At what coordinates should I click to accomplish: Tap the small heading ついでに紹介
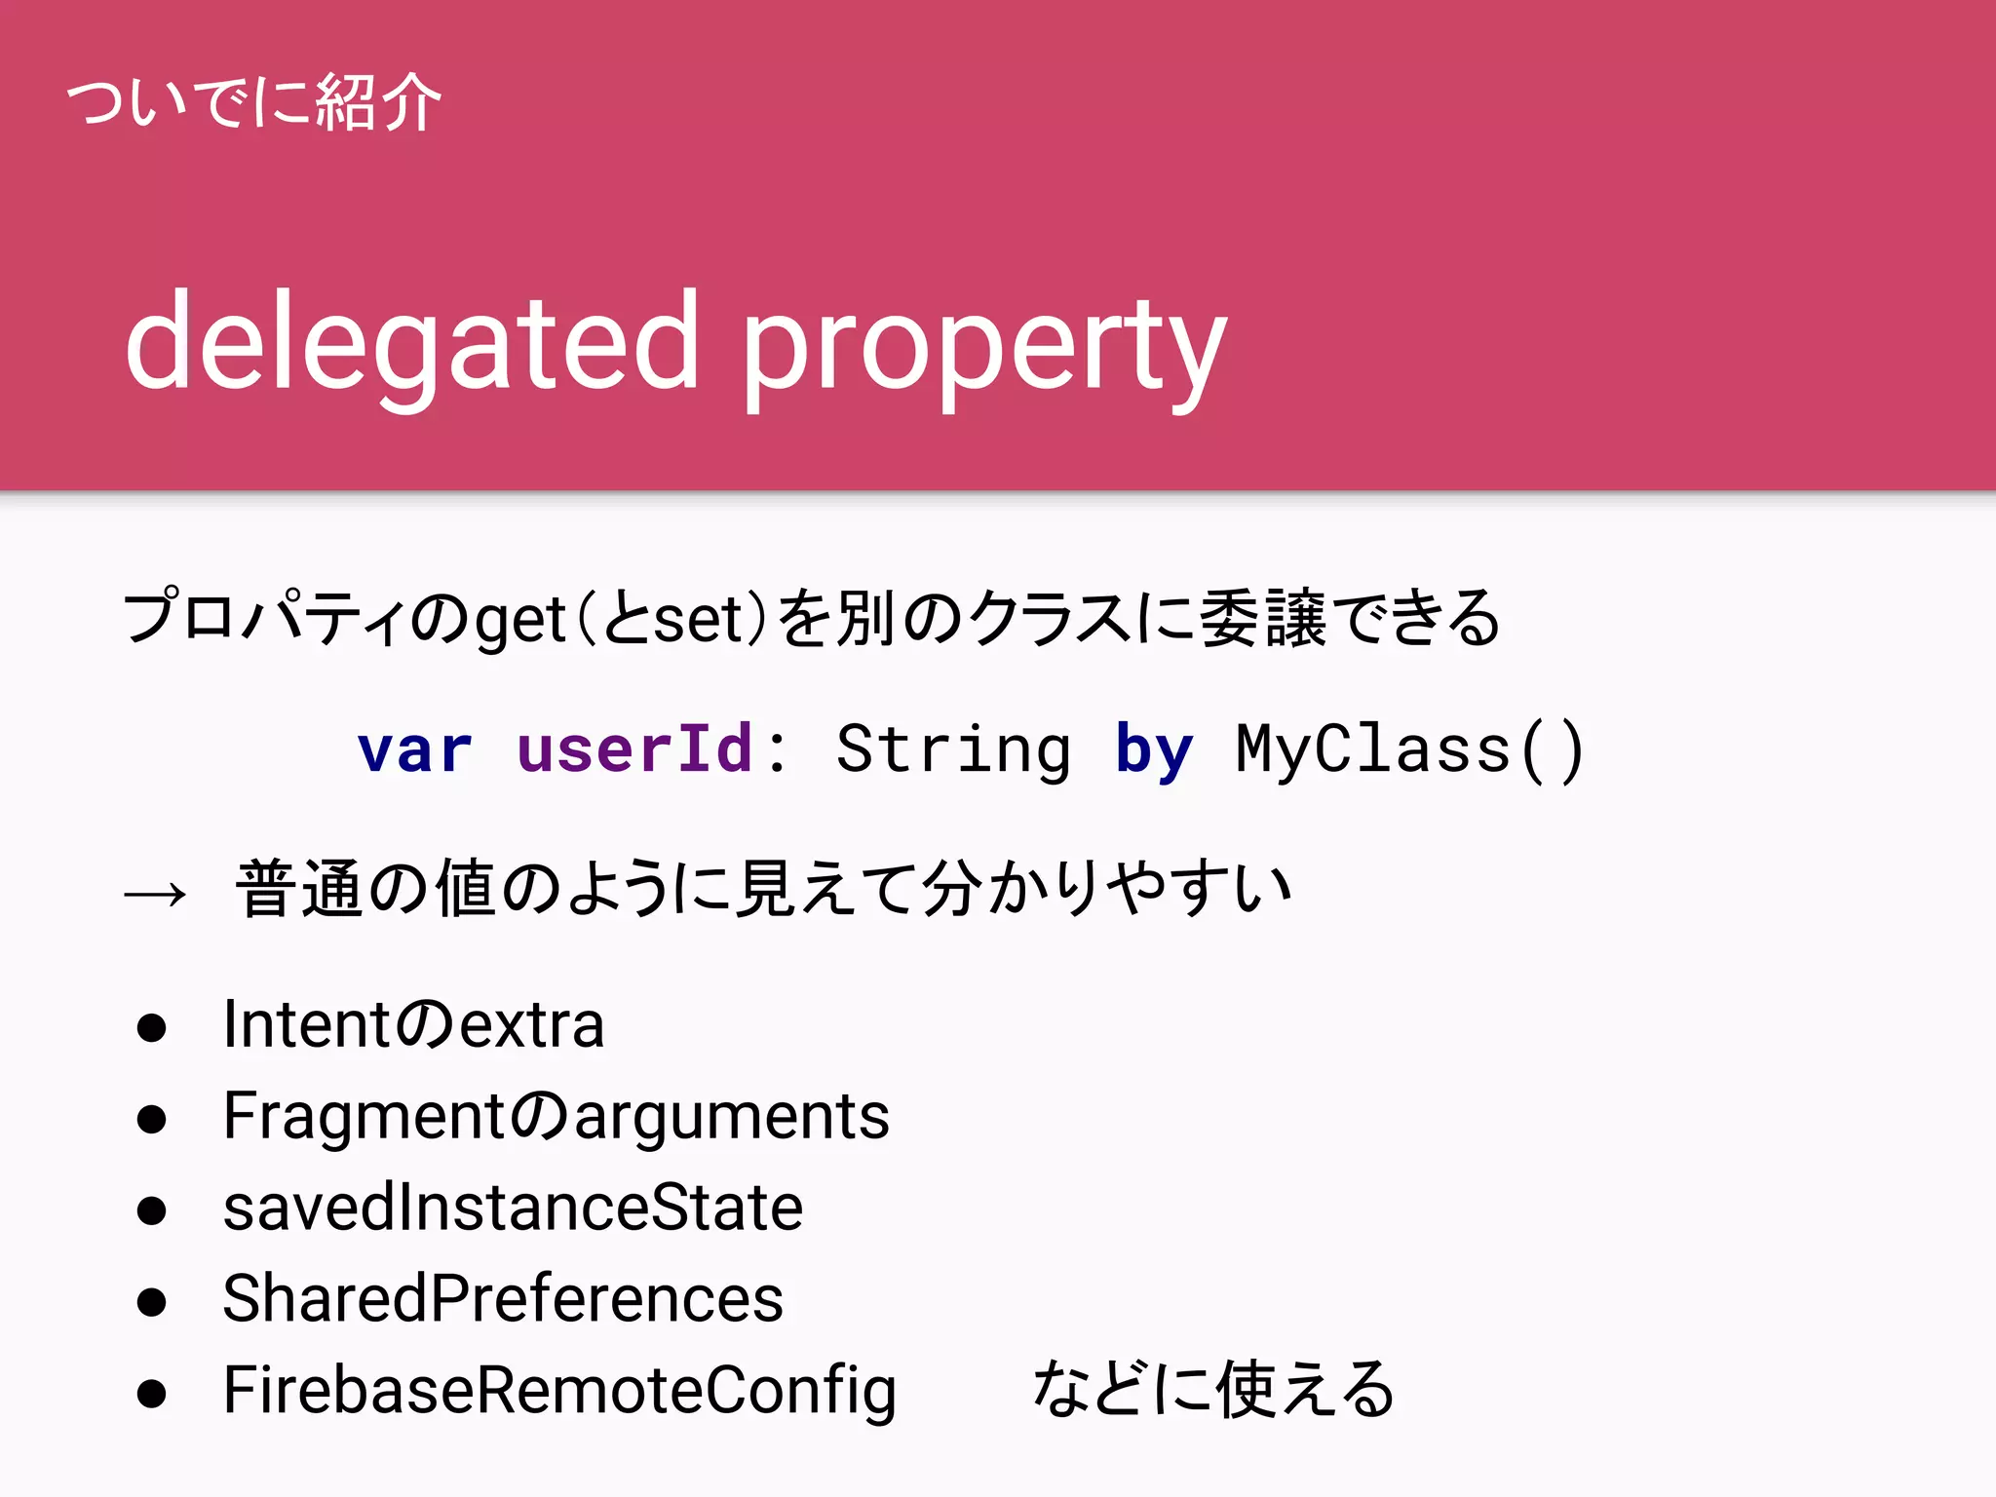point(253,102)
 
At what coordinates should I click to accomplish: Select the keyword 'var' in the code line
point(415,750)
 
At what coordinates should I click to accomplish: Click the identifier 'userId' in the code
point(634,749)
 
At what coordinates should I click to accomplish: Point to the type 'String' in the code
point(953,750)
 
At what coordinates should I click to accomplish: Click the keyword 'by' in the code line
point(1154,751)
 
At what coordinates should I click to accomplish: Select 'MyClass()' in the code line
point(1410,750)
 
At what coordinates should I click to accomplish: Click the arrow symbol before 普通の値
point(155,893)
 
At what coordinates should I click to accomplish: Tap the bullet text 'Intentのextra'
point(413,1025)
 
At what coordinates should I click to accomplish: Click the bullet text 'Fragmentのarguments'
point(556,1117)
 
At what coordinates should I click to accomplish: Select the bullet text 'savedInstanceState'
point(513,1209)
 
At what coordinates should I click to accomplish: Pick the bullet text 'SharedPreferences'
point(503,1299)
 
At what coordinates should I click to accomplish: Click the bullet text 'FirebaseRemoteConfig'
point(559,1391)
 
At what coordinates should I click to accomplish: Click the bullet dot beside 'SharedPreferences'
point(151,1302)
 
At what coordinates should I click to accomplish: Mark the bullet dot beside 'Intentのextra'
point(151,1028)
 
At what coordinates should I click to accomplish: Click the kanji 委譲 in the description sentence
point(1263,618)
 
